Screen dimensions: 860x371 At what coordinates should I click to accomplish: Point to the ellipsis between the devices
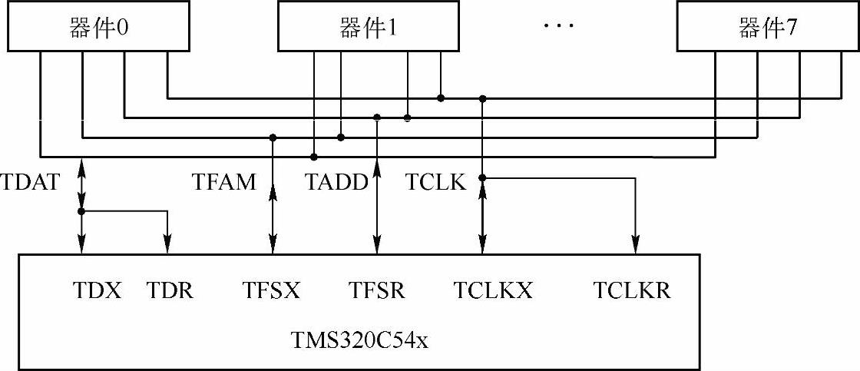(558, 27)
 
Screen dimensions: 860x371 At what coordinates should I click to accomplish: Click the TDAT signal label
(30, 184)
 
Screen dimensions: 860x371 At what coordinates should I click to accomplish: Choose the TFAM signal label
(224, 184)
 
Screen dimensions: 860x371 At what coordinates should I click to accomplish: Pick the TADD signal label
(336, 184)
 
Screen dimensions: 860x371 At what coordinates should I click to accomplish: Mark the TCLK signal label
(435, 184)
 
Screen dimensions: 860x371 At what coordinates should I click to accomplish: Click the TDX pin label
(98, 291)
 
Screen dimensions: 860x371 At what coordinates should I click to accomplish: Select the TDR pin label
(170, 291)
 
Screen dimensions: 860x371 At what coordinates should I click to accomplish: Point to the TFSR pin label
(377, 291)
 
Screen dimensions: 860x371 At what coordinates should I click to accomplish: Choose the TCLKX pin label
(492, 291)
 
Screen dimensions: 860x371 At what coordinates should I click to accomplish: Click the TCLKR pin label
(632, 291)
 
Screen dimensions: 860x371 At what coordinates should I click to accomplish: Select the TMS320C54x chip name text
(359, 339)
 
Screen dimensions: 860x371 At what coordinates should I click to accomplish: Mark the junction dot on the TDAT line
(81, 211)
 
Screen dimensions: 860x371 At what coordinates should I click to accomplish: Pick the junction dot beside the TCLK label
(482, 178)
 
